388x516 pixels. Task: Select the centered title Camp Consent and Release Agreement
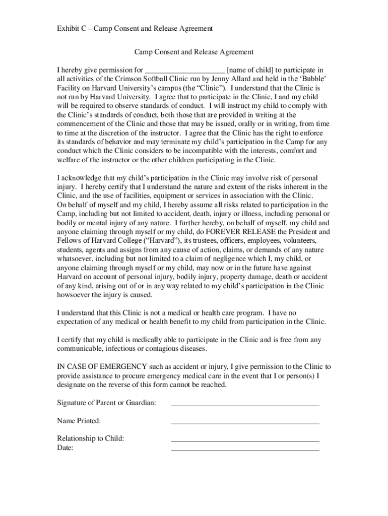(193, 52)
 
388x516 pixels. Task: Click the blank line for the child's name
(184, 71)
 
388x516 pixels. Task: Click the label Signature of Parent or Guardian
(106, 403)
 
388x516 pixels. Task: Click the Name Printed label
(79, 421)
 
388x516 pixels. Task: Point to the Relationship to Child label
(90, 438)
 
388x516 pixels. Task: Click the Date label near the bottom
(65, 447)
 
